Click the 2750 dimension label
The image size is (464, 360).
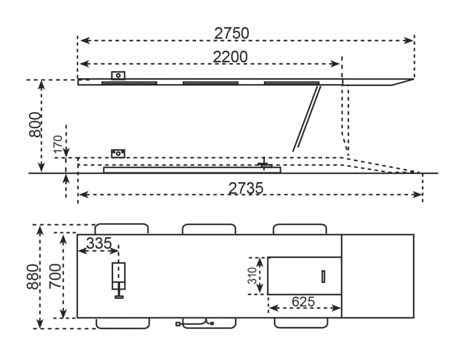tap(231, 33)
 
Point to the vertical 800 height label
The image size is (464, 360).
tap(35, 125)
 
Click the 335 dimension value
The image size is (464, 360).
tap(99, 243)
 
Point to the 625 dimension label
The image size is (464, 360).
tap(303, 301)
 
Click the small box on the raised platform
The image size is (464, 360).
tap(119, 75)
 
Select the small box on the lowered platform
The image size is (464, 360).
tap(119, 153)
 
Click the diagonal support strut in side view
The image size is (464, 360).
tap(306, 118)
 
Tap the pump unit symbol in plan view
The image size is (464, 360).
tap(118, 279)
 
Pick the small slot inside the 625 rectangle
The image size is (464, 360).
tap(323, 277)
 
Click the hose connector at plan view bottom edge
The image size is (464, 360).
tap(194, 323)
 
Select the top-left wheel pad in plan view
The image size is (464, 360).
tap(121, 228)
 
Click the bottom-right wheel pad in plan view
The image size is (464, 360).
tap(300, 323)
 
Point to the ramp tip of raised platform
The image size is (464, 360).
tap(406, 81)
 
